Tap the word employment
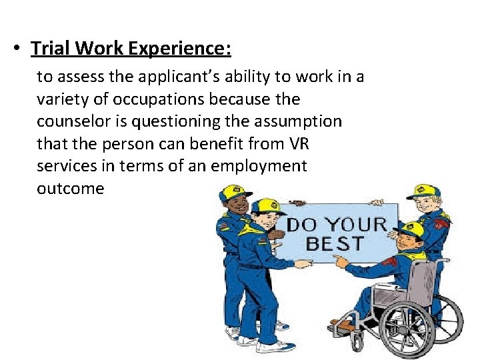pos(259,165)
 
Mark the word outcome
pos(71,188)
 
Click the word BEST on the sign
pos(335,243)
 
